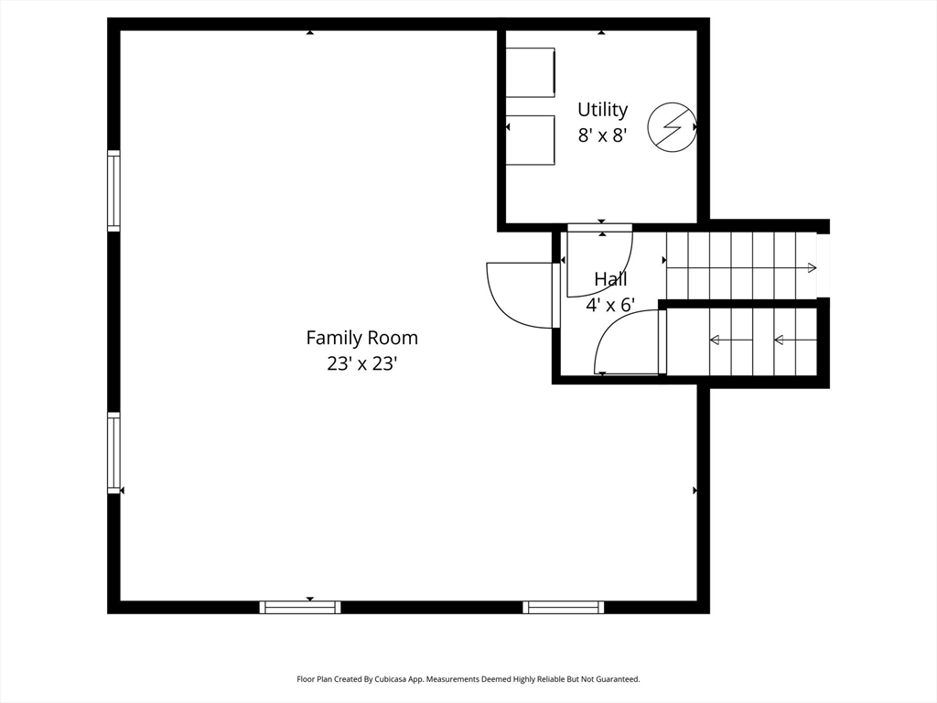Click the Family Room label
point(361,338)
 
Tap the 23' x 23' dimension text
point(361,363)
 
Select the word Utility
point(602,110)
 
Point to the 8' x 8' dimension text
point(602,135)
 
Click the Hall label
point(610,279)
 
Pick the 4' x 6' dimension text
point(610,305)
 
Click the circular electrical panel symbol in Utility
point(672,126)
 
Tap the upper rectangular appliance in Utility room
point(531,72)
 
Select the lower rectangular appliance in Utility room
point(531,140)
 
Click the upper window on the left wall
point(113,190)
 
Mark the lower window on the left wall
point(113,453)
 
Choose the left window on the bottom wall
point(300,607)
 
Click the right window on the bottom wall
point(563,607)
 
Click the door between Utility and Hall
point(599,261)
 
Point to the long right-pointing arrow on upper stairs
point(741,267)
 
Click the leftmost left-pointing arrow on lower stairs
point(731,341)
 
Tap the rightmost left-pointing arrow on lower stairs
point(794,341)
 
